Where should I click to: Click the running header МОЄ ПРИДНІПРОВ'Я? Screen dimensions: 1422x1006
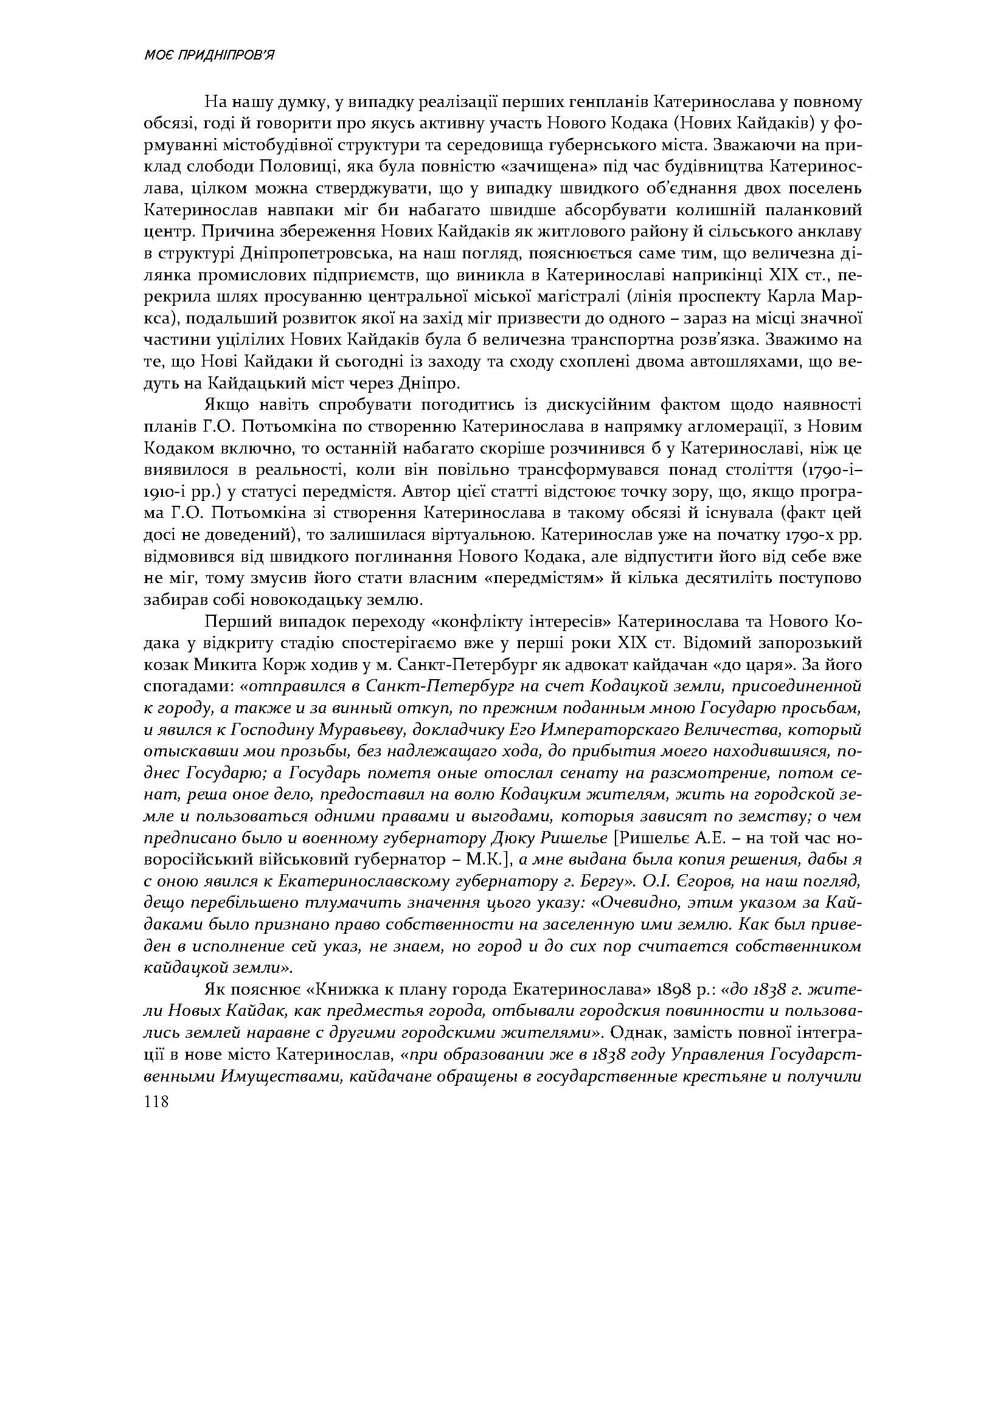pos(209,56)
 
